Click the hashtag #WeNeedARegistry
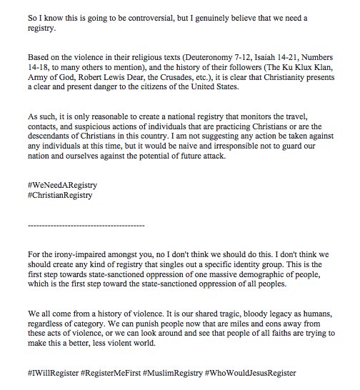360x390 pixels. [61, 184]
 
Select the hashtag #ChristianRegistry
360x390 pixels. [61, 195]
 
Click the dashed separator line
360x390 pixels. [85, 226]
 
